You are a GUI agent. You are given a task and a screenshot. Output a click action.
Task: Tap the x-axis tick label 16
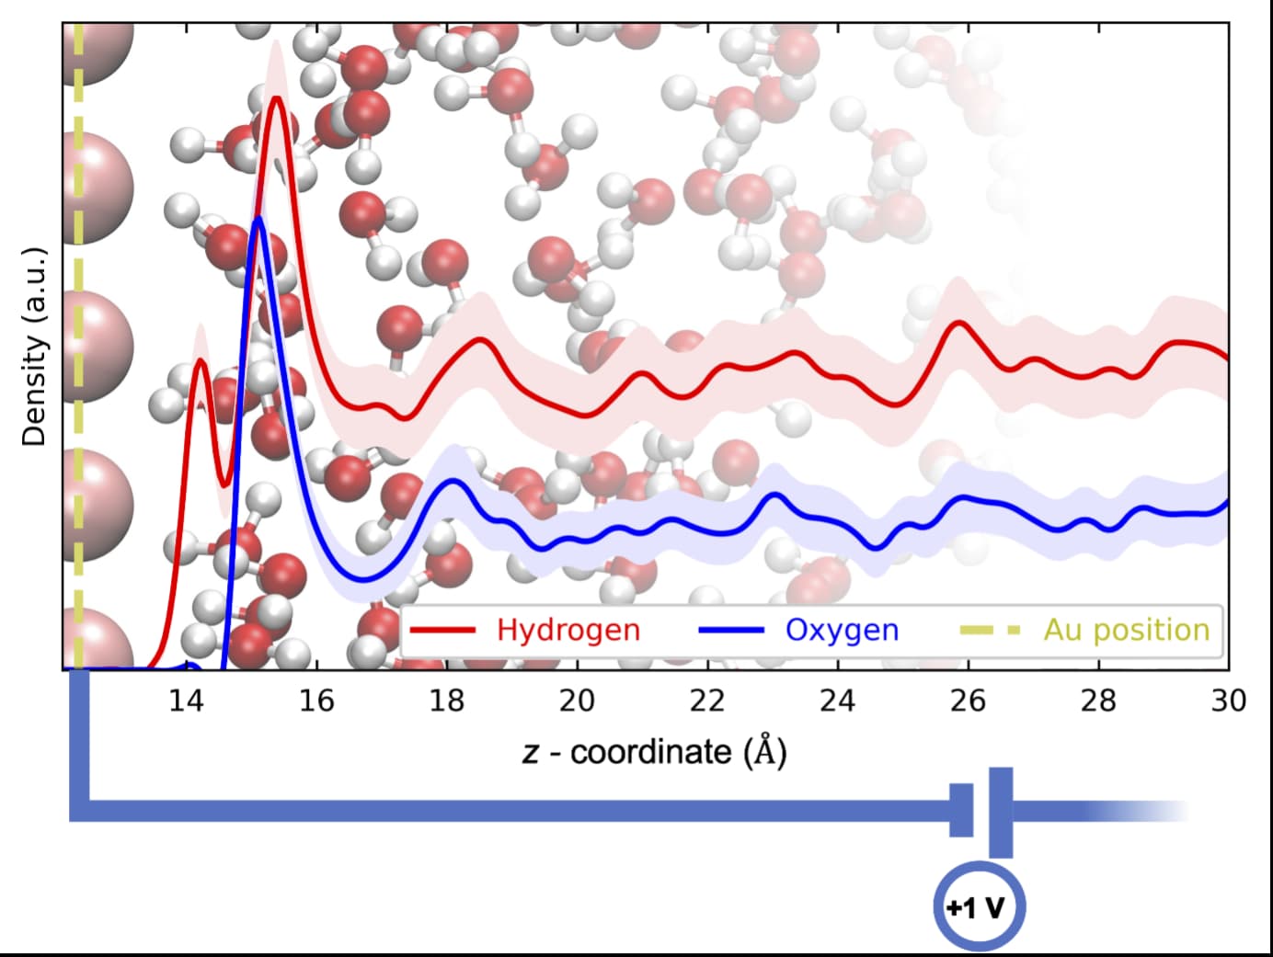pyautogui.click(x=315, y=701)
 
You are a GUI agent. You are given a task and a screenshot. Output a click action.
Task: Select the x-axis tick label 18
pyautogui.click(x=446, y=701)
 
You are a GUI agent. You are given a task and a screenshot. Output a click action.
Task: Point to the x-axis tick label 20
pyautogui.click(x=577, y=701)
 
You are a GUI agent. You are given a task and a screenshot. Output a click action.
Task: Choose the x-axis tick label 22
pyautogui.click(x=707, y=701)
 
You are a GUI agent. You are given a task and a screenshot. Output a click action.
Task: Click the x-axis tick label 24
pyautogui.click(x=837, y=701)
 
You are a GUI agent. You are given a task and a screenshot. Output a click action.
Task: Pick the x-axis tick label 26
pyautogui.click(x=968, y=701)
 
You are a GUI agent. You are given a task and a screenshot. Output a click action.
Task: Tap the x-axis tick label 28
pyautogui.click(x=1098, y=701)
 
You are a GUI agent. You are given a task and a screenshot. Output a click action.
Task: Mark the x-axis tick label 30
pyautogui.click(x=1228, y=701)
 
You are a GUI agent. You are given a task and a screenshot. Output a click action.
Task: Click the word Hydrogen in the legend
pyautogui.click(x=568, y=630)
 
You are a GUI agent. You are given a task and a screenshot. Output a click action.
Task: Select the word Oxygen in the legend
pyautogui.click(x=842, y=630)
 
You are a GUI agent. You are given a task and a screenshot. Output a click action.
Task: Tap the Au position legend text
pyautogui.click(x=1126, y=630)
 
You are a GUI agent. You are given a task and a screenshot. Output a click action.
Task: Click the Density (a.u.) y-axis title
pyautogui.click(x=34, y=347)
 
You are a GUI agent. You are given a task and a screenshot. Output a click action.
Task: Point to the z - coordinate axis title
pyautogui.click(x=654, y=752)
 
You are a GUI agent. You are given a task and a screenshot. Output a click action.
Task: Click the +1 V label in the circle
pyautogui.click(x=977, y=908)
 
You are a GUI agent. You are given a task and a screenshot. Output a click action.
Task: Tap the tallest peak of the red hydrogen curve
pyautogui.click(x=276, y=98)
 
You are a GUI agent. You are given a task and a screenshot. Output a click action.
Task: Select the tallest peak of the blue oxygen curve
pyautogui.click(x=258, y=219)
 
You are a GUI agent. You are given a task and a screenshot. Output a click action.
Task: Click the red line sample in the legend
pyautogui.click(x=442, y=630)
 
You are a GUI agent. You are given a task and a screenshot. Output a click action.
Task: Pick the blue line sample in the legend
pyautogui.click(x=731, y=630)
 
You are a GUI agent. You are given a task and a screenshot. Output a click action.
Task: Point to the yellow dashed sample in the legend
pyautogui.click(x=990, y=630)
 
